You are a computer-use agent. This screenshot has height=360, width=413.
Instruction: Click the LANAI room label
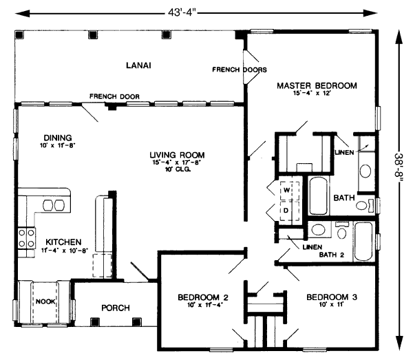138,65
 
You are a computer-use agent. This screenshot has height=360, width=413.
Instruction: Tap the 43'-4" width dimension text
182,12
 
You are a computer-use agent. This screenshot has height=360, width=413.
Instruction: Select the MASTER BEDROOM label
317,85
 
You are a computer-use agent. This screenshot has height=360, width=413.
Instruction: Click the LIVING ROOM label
177,155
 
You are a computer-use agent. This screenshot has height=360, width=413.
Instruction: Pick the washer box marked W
289,191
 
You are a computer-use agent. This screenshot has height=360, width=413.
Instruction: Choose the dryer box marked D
289,211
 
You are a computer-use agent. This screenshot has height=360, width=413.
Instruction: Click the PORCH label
116,308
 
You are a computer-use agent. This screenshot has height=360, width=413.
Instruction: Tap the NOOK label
45,301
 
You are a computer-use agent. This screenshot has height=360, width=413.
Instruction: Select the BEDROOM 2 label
203,297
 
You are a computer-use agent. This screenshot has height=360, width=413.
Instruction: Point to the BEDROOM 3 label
332,297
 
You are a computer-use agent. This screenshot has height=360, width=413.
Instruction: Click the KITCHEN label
63,242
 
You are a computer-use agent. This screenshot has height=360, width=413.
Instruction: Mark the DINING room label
58,138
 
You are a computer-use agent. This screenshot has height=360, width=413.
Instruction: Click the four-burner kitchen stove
26,238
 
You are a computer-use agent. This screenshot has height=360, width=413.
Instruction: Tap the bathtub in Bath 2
363,242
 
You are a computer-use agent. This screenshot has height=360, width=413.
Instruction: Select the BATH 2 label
332,255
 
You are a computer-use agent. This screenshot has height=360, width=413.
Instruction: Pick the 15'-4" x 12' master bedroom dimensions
312,93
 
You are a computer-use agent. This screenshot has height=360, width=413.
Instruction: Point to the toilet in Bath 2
342,231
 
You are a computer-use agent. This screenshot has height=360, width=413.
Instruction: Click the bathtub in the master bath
318,195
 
